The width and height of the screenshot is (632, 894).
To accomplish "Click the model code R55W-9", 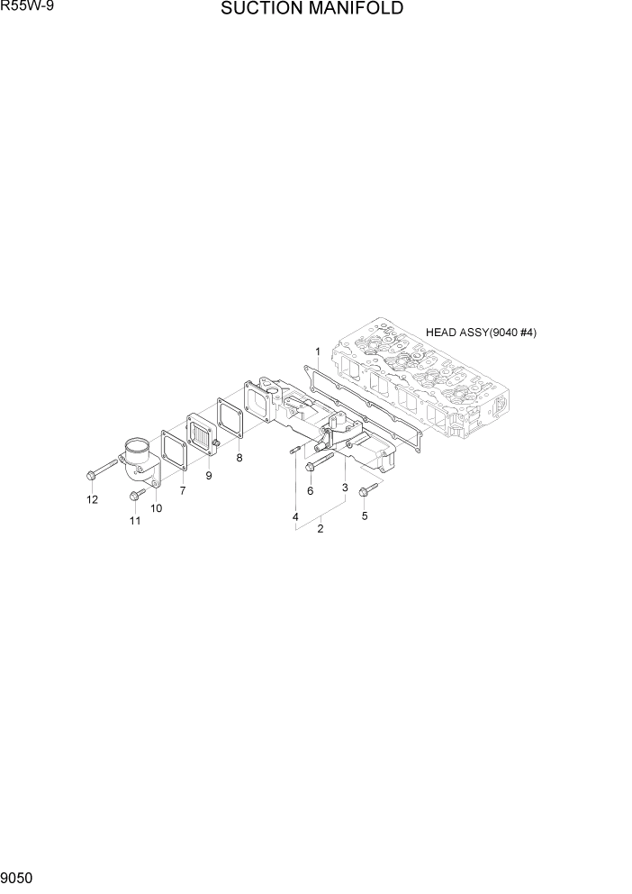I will [x=24, y=7].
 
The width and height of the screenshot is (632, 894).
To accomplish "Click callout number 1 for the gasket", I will [x=318, y=350].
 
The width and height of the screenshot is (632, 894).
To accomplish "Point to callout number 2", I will [x=320, y=528].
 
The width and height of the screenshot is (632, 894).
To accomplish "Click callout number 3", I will [x=345, y=488].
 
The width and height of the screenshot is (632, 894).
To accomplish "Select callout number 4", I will [x=294, y=516].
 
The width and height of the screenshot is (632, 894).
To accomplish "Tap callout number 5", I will [x=365, y=516].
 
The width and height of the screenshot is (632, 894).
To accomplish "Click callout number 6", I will [x=310, y=491].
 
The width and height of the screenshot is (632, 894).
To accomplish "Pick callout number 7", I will [x=183, y=490].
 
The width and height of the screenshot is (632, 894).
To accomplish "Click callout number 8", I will [x=239, y=458].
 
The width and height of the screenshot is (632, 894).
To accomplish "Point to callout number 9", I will [x=209, y=476].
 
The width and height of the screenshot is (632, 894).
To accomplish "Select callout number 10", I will [x=156, y=508].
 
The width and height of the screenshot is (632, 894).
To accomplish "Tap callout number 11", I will [x=135, y=521].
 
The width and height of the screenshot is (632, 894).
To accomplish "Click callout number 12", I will [x=92, y=500].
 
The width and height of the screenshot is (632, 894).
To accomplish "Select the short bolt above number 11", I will [x=136, y=495].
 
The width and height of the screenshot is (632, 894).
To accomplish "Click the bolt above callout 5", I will [x=367, y=490].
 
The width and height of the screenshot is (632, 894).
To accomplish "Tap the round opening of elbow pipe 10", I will [x=136, y=445].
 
